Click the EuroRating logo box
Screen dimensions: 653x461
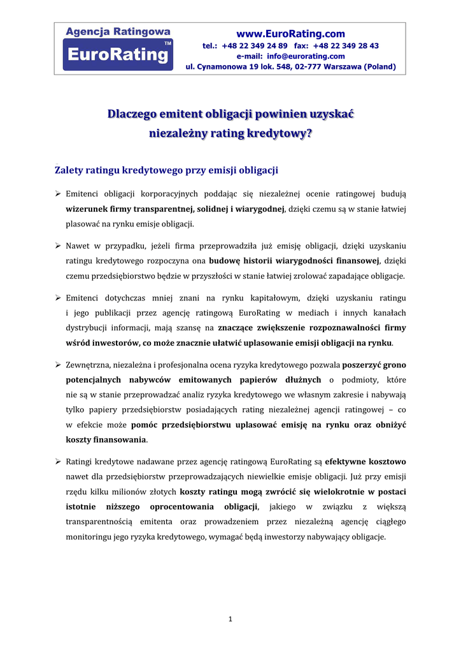[x=118, y=54]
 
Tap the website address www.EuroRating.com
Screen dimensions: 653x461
[x=290, y=34]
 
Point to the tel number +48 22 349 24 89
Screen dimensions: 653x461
[x=255, y=46]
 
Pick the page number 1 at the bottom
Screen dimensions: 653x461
[x=230, y=619]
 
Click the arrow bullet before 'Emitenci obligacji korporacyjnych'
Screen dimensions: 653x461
[x=57, y=194]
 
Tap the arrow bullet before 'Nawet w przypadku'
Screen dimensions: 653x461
[x=57, y=246]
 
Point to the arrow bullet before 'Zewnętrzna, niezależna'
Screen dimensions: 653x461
[x=57, y=365]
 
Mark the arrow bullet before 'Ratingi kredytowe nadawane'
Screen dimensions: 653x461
[x=57, y=461]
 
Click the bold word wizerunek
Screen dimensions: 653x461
[x=86, y=209]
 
